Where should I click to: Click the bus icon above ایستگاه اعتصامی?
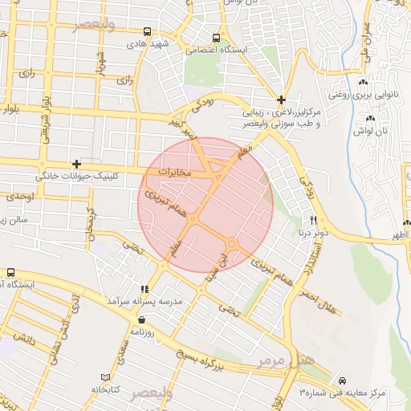215,38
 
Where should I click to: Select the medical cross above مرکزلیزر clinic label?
281,100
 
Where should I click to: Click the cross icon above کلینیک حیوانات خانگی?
76,164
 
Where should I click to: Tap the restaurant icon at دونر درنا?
314,220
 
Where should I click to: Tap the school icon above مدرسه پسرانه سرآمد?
144,289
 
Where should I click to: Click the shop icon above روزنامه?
142,319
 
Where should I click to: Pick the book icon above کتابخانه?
105,377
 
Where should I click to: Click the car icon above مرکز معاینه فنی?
343,380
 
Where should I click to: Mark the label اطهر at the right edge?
399,235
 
